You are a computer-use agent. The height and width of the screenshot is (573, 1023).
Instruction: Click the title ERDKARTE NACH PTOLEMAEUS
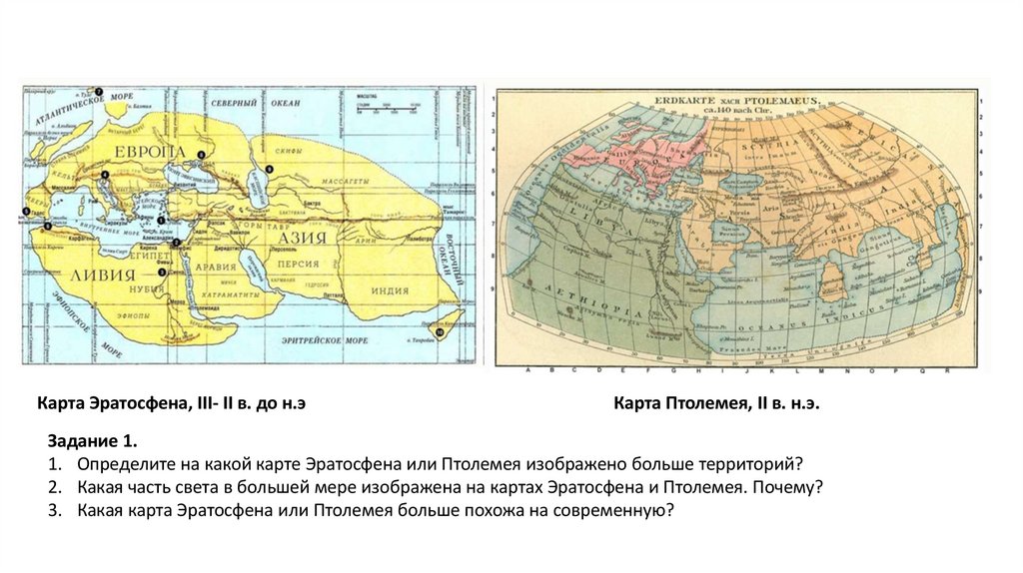point(736,101)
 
